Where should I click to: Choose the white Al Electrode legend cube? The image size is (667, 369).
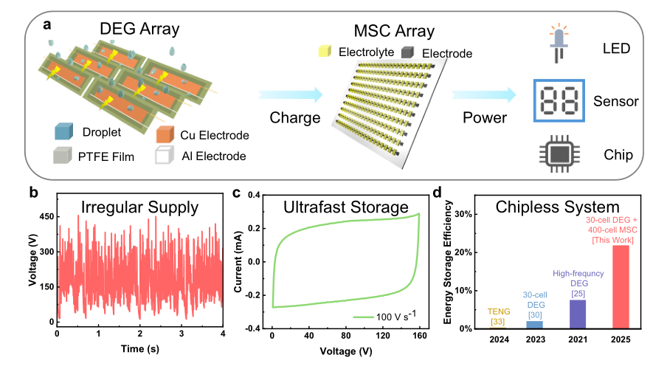click(x=167, y=156)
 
